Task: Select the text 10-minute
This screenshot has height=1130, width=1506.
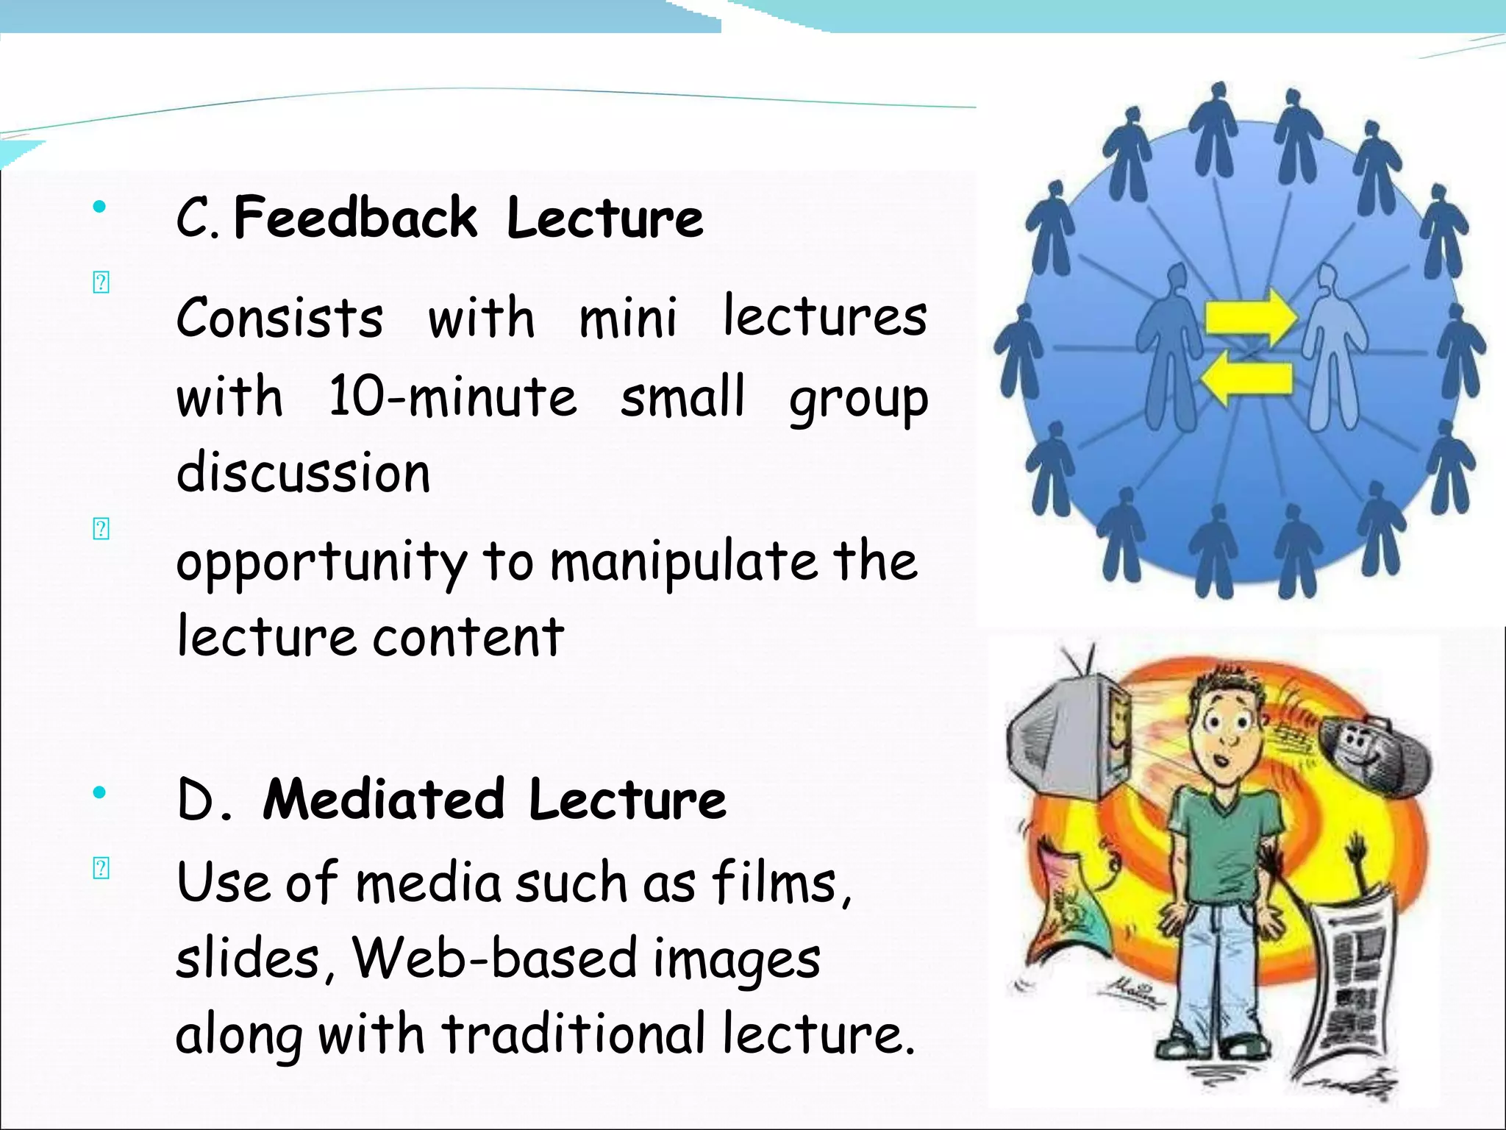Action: pyautogui.click(x=452, y=397)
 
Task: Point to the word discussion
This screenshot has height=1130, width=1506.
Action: pyautogui.click(x=303, y=472)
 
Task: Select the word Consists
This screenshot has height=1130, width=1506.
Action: pyautogui.click(x=279, y=318)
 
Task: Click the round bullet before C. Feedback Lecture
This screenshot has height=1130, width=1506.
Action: pyautogui.click(x=99, y=207)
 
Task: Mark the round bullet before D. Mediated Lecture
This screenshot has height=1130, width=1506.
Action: pyautogui.click(x=99, y=792)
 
